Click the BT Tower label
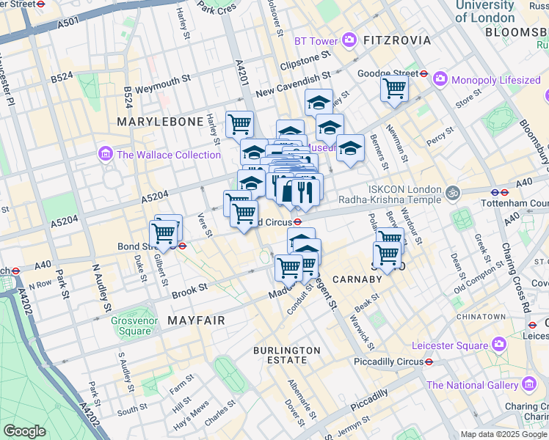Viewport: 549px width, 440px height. click(316, 41)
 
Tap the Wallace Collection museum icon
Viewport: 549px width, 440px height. click(105, 155)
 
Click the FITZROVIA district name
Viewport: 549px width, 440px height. click(397, 40)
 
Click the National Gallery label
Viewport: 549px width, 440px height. click(473, 385)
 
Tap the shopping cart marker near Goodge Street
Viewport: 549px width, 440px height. click(395, 89)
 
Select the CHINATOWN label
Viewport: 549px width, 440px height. click(480, 316)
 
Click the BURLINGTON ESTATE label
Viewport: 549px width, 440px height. click(287, 356)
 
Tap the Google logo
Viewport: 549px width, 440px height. click(25, 431)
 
